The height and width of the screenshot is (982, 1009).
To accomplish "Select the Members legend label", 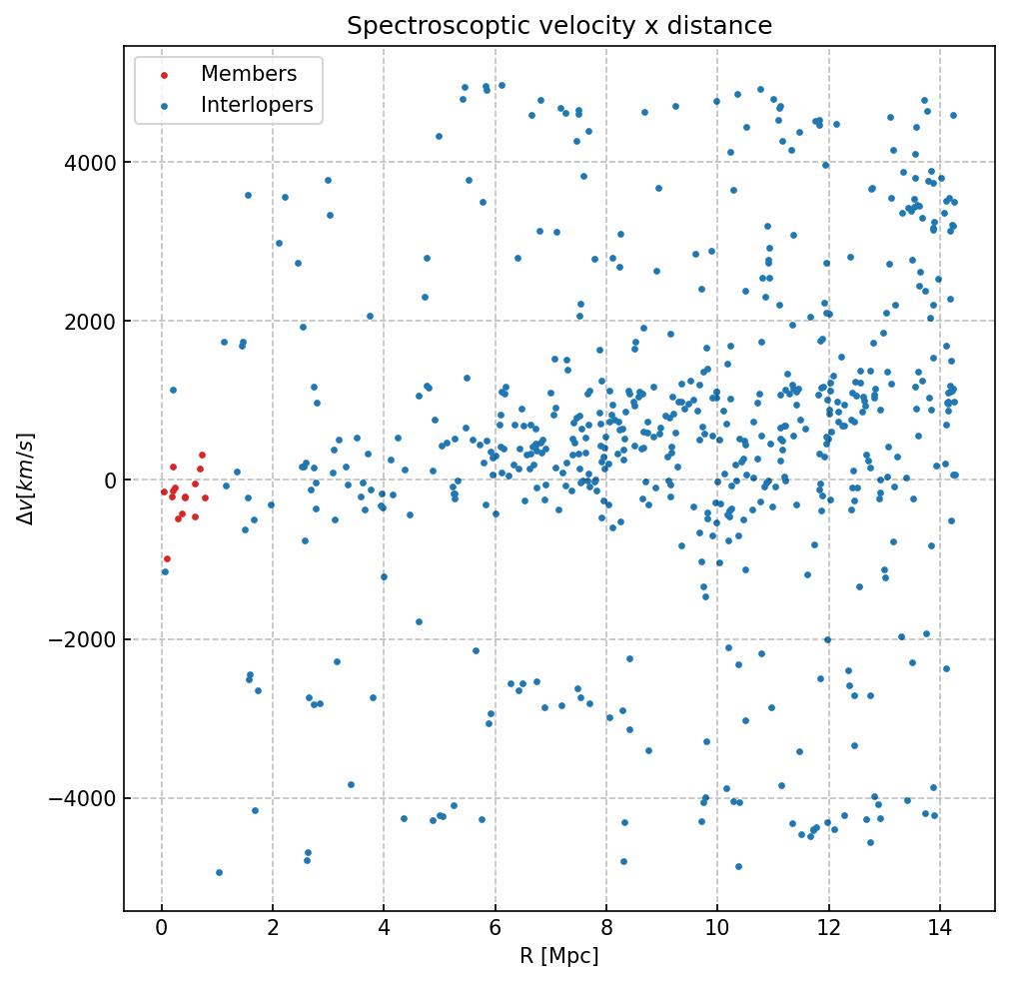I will tap(249, 74).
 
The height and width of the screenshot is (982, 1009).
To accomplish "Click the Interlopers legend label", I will tap(257, 105).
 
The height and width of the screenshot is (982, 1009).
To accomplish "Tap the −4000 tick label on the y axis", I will tap(84, 798).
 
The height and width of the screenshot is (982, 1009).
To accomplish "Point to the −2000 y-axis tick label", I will tap(84, 639).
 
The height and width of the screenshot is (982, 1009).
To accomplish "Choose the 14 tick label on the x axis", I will tap(939, 928).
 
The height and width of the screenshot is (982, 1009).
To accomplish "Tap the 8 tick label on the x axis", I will tap(606, 928).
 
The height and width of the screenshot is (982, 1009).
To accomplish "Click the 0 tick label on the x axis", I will tap(162, 928).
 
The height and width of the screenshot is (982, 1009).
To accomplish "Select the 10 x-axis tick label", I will tap(717, 928).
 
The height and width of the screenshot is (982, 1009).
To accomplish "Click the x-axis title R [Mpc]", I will tap(558, 956).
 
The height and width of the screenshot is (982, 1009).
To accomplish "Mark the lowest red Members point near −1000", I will tap(167, 558).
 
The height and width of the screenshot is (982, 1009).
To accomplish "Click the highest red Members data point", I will tap(202, 455).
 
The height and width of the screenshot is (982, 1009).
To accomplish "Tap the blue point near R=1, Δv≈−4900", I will tap(219, 872).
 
